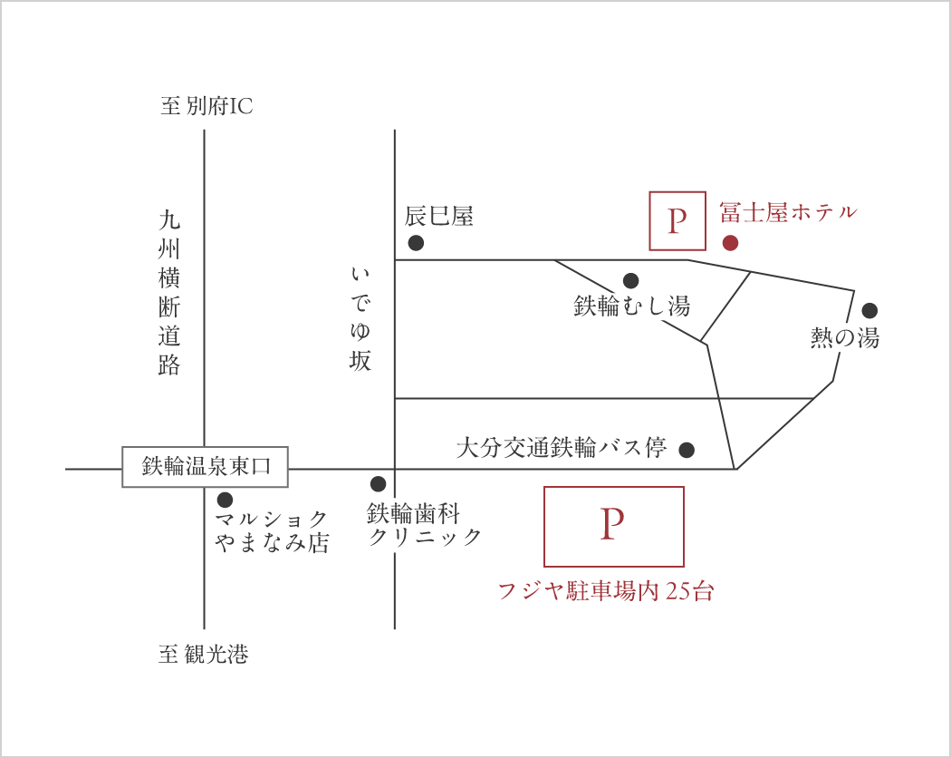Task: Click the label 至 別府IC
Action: point(207,107)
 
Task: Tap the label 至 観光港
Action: point(203,654)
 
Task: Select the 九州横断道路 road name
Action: point(169,292)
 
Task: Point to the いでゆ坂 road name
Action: point(360,318)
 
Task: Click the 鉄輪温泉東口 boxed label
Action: point(205,467)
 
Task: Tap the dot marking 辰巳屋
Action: point(416,242)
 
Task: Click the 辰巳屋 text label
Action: point(438,216)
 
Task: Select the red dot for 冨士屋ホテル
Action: point(730,242)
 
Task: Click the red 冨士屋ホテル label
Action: point(787,212)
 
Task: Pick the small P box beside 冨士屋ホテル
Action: point(677,220)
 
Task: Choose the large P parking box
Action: point(613,526)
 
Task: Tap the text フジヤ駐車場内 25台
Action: point(606,591)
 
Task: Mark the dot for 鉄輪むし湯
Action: point(630,281)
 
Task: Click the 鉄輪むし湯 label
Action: point(631,306)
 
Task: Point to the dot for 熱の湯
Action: point(869,310)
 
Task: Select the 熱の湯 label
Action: point(844,338)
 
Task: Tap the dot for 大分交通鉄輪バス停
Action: point(687,449)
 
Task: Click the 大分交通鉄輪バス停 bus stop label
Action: point(561,447)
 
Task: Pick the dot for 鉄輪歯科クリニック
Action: point(378,484)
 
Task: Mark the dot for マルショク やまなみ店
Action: point(225,500)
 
